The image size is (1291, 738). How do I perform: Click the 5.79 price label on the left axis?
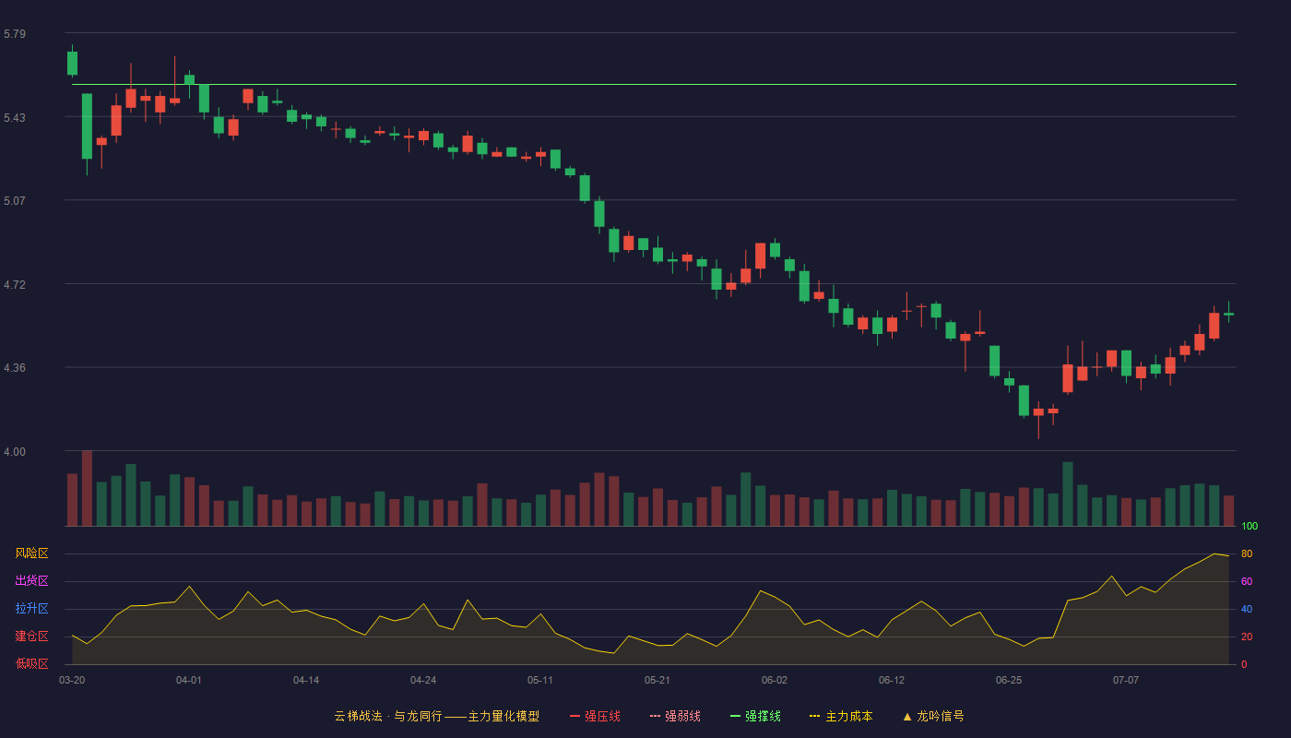coord(15,34)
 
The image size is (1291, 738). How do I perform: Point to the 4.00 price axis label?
coord(15,452)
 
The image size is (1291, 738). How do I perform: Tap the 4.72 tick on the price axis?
coord(15,285)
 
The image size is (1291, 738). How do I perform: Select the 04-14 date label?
coord(306,681)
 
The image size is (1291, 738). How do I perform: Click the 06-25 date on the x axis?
coord(1009,681)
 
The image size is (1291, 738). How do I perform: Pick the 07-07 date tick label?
coord(1126,681)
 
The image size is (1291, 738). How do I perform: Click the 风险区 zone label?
coord(31,553)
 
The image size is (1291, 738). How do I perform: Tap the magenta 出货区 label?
coord(31,580)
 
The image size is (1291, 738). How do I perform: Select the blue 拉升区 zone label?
coord(31,608)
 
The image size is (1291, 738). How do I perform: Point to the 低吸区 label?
coord(31,663)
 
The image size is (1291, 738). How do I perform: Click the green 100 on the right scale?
coord(1250,526)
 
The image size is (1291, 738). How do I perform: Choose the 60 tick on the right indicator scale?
coord(1247,581)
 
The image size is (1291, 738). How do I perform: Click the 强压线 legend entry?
coord(595,716)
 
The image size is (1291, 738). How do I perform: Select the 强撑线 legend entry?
coord(755,716)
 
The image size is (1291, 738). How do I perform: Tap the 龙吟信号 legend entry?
coord(933,716)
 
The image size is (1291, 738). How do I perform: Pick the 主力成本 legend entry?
coord(841,716)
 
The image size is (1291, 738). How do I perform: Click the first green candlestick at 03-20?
coord(72,63)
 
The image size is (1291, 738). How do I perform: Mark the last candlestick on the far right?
coord(1228,314)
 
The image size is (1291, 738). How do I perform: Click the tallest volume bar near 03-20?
coord(87,488)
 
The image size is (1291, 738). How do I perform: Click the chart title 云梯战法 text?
coord(358,716)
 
